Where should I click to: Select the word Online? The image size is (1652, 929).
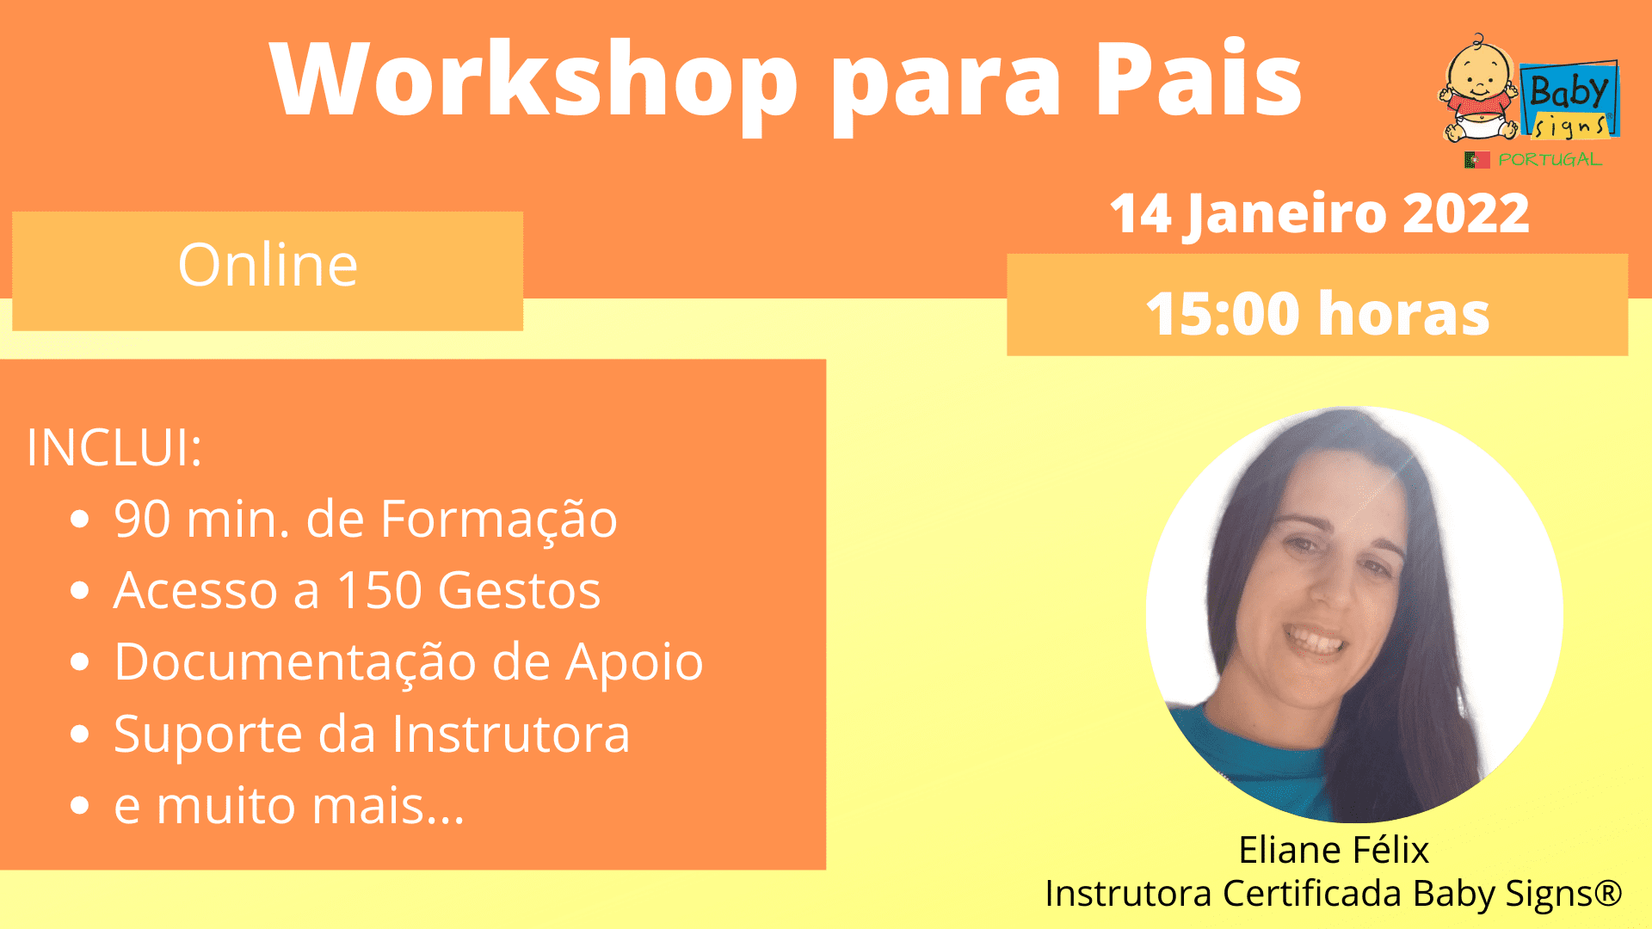(268, 264)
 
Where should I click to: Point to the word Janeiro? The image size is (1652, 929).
(1285, 214)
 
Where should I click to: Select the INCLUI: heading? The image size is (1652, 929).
(114, 447)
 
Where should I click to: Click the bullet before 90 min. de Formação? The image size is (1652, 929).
(80, 520)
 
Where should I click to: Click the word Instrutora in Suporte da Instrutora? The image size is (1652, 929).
(511, 734)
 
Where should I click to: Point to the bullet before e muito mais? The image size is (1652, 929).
(80, 806)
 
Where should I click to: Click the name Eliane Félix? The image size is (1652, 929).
(1334, 850)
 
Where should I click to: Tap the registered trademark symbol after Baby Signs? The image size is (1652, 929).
(1607, 892)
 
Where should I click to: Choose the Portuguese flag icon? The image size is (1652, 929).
(1477, 160)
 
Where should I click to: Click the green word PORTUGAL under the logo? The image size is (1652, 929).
(1550, 160)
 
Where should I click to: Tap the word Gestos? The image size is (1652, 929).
(519, 590)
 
